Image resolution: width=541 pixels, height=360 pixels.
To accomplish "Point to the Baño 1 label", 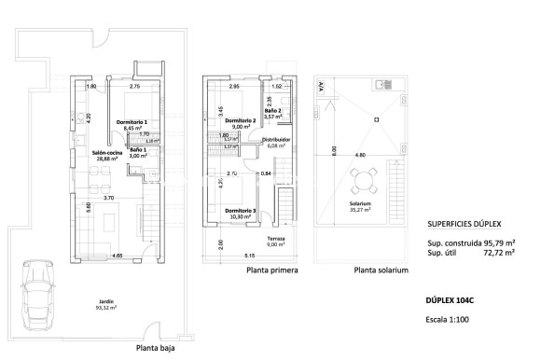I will (x=137, y=153).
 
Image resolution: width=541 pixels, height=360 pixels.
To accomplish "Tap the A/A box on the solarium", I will (x=323, y=86).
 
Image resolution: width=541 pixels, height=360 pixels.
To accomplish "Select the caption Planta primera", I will (x=273, y=271).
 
